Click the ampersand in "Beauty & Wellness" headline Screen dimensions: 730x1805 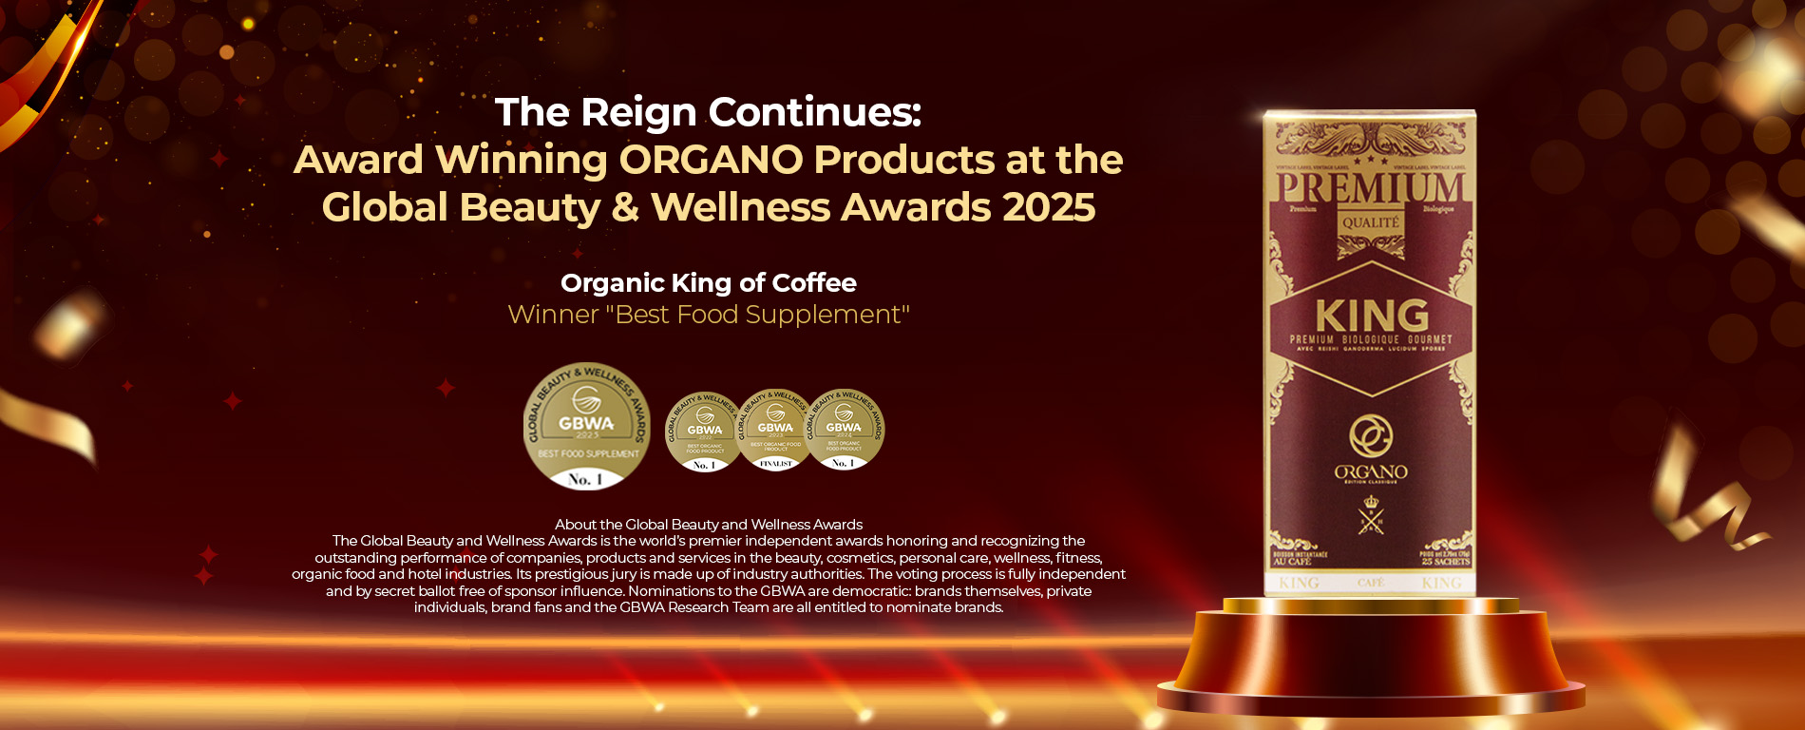click(x=625, y=207)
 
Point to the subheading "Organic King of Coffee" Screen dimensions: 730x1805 click(x=708, y=282)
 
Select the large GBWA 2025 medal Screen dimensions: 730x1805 click(x=587, y=425)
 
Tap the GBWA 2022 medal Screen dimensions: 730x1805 click(x=704, y=432)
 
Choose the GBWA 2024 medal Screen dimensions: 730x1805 click(x=845, y=431)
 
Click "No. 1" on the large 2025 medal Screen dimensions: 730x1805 click(x=585, y=479)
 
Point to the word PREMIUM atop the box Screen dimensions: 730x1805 click(x=1370, y=186)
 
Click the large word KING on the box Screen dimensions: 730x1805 click(x=1371, y=316)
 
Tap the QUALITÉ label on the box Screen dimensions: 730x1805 click(x=1370, y=223)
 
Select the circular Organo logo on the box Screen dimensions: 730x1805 click(x=1370, y=436)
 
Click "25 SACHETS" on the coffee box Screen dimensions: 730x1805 click(x=1445, y=561)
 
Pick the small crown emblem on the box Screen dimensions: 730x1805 click(x=1370, y=502)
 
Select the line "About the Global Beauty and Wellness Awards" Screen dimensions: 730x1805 click(x=709, y=525)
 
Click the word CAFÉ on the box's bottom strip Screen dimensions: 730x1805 click(x=1370, y=582)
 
